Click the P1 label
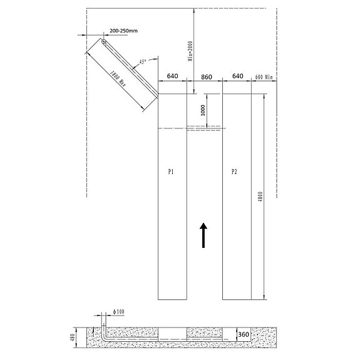click(x=171, y=172)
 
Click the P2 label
click(x=234, y=172)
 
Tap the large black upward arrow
click(x=203, y=235)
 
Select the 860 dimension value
click(x=207, y=77)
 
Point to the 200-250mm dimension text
click(x=123, y=31)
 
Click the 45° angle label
click(x=143, y=61)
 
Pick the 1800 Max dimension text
click(x=118, y=78)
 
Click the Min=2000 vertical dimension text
click(x=190, y=51)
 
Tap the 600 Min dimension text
click(x=264, y=77)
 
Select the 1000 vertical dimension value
click(x=203, y=110)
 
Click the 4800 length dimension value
click(x=260, y=197)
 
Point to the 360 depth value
click(x=244, y=334)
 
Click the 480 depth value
click(x=73, y=337)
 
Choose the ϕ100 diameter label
click(x=118, y=312)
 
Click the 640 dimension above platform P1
click(x=172, y=76)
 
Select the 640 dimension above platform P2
click(x=238, y=76)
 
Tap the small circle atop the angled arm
click(x=104, y=42)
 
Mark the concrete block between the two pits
click(x=205, y=332)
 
